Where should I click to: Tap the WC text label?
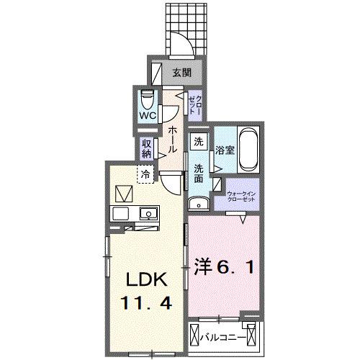(x=148, y=114)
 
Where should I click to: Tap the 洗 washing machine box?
(x=198, y=142)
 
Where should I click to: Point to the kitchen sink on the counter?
(x=148, y=213)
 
